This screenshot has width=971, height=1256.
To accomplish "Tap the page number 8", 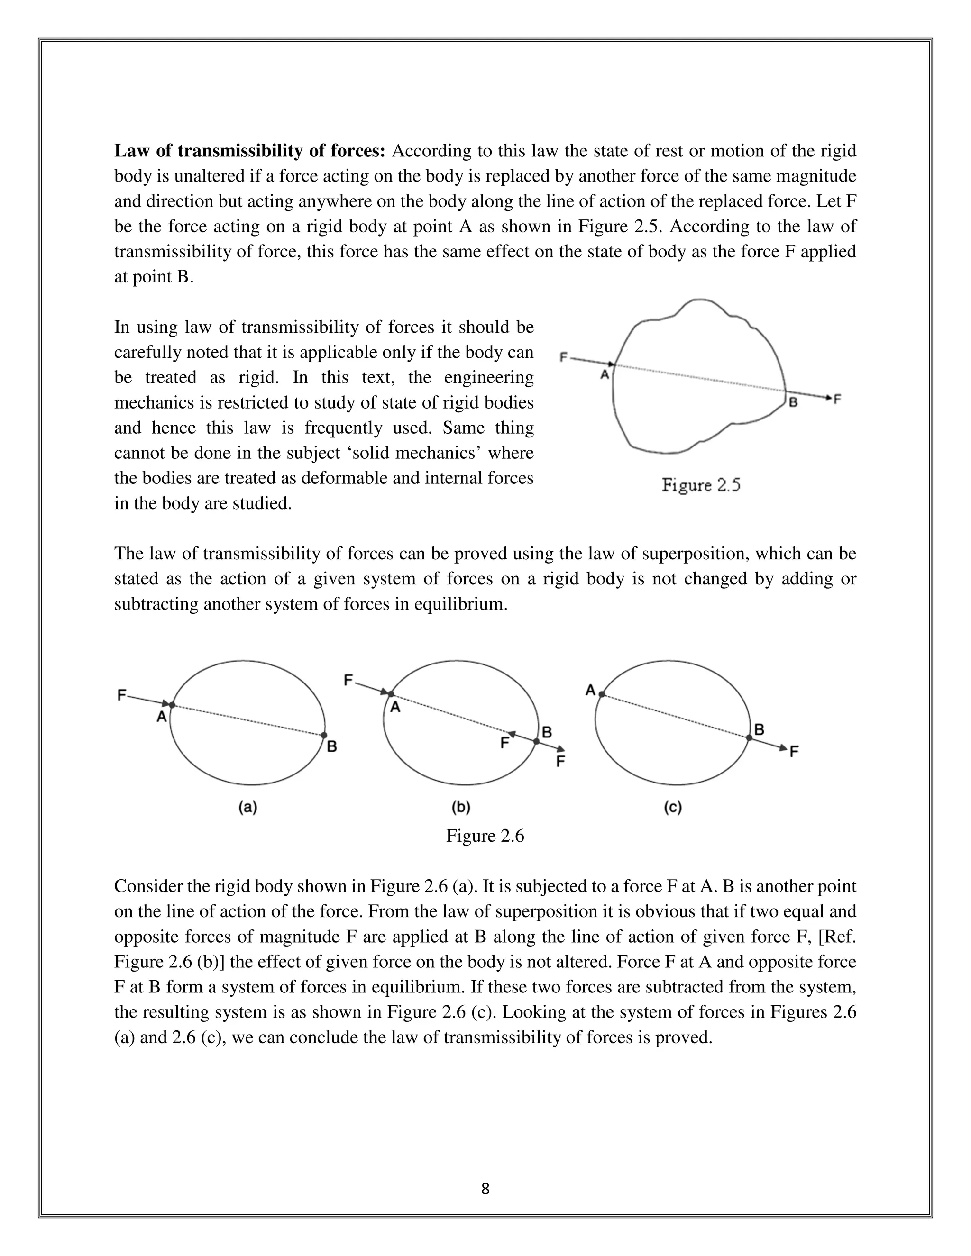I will click(485, 1189).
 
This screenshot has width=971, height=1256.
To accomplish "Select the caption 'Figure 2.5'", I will click(701, 485).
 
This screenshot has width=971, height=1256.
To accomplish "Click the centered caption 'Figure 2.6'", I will click(485, 836).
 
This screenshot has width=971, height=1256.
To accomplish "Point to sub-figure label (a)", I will click(248, 808).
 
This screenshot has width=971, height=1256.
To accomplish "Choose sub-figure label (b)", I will click(461, 808).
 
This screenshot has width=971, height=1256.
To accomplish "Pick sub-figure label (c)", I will click(672, 808).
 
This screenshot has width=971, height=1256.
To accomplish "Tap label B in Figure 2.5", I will click(793, 402).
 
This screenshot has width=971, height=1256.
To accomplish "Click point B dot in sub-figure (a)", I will click(324, 735).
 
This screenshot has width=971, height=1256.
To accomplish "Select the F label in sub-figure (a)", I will click(121, 695).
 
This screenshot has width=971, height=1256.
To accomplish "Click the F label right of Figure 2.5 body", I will click(838, 398).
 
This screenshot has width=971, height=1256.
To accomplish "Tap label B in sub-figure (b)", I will click(547, 732).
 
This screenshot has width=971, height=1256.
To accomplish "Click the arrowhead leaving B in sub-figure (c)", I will click(783, 747).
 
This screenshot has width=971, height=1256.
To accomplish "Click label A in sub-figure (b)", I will click(395, 708).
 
